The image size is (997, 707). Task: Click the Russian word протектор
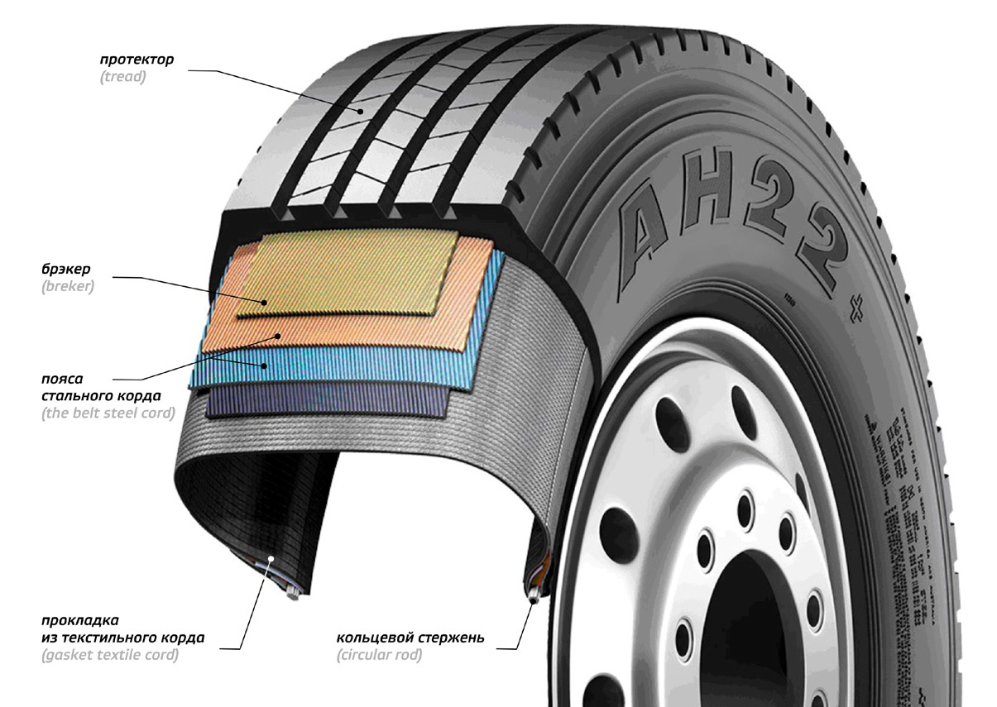click(x=137, y=60)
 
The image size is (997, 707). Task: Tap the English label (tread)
click(x=122, y=78)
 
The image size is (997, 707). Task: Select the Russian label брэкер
click(x=65, y=270)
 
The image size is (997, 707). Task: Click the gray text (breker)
click(x=68, y=288)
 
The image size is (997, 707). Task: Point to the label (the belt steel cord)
click(x=108, y=413)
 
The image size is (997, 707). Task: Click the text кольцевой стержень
click(x=410, y=638)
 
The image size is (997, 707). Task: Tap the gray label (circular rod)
click(x=379, y=656)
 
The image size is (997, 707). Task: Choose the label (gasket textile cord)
click(x=110, y=656)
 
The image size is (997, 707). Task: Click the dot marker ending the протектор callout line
click(x=361, y=109)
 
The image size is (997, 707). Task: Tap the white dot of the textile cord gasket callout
click(x=271, y=559)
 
